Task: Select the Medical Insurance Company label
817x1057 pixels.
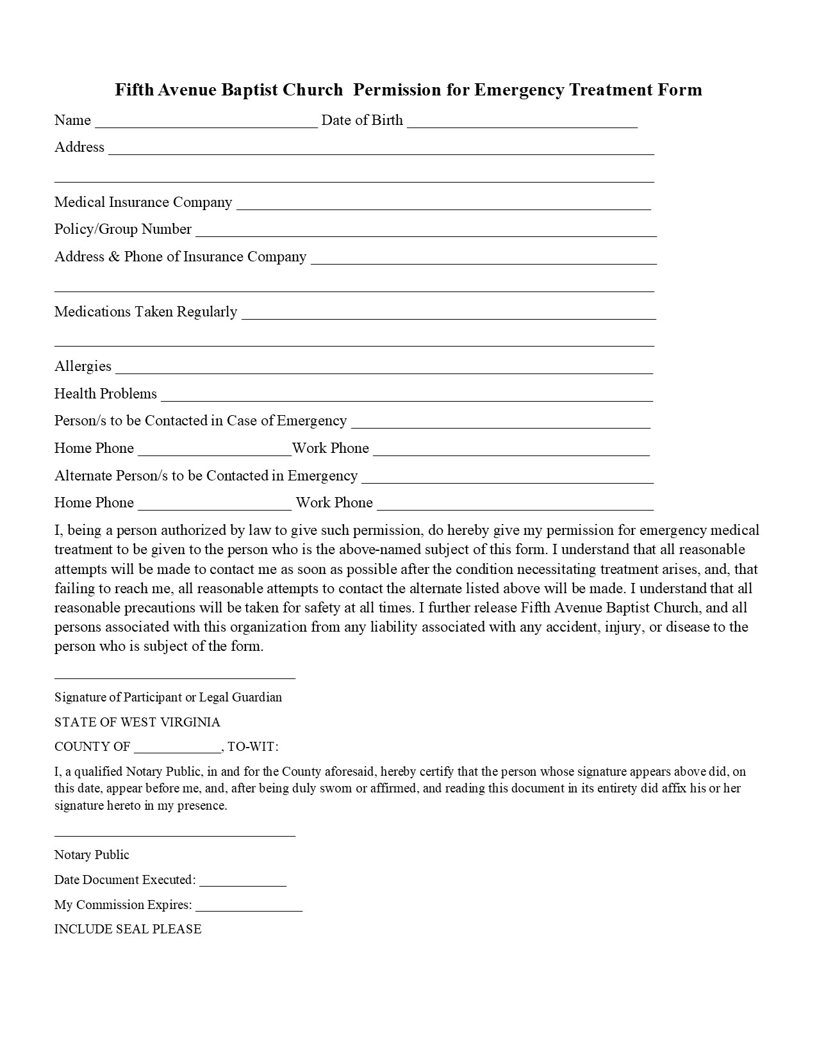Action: pos(143,202)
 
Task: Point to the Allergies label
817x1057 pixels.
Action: pos(83,366)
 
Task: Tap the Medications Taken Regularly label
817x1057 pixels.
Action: pos(145,312)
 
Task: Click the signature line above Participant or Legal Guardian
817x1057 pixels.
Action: pos(174,677)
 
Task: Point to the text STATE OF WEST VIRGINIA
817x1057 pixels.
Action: pos(137,723)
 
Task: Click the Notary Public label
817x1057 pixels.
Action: pos(92,855)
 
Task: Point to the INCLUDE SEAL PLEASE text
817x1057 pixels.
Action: pos(128,930)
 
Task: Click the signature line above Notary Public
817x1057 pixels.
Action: pos(174,835)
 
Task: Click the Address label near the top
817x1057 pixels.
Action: pos(79,147)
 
